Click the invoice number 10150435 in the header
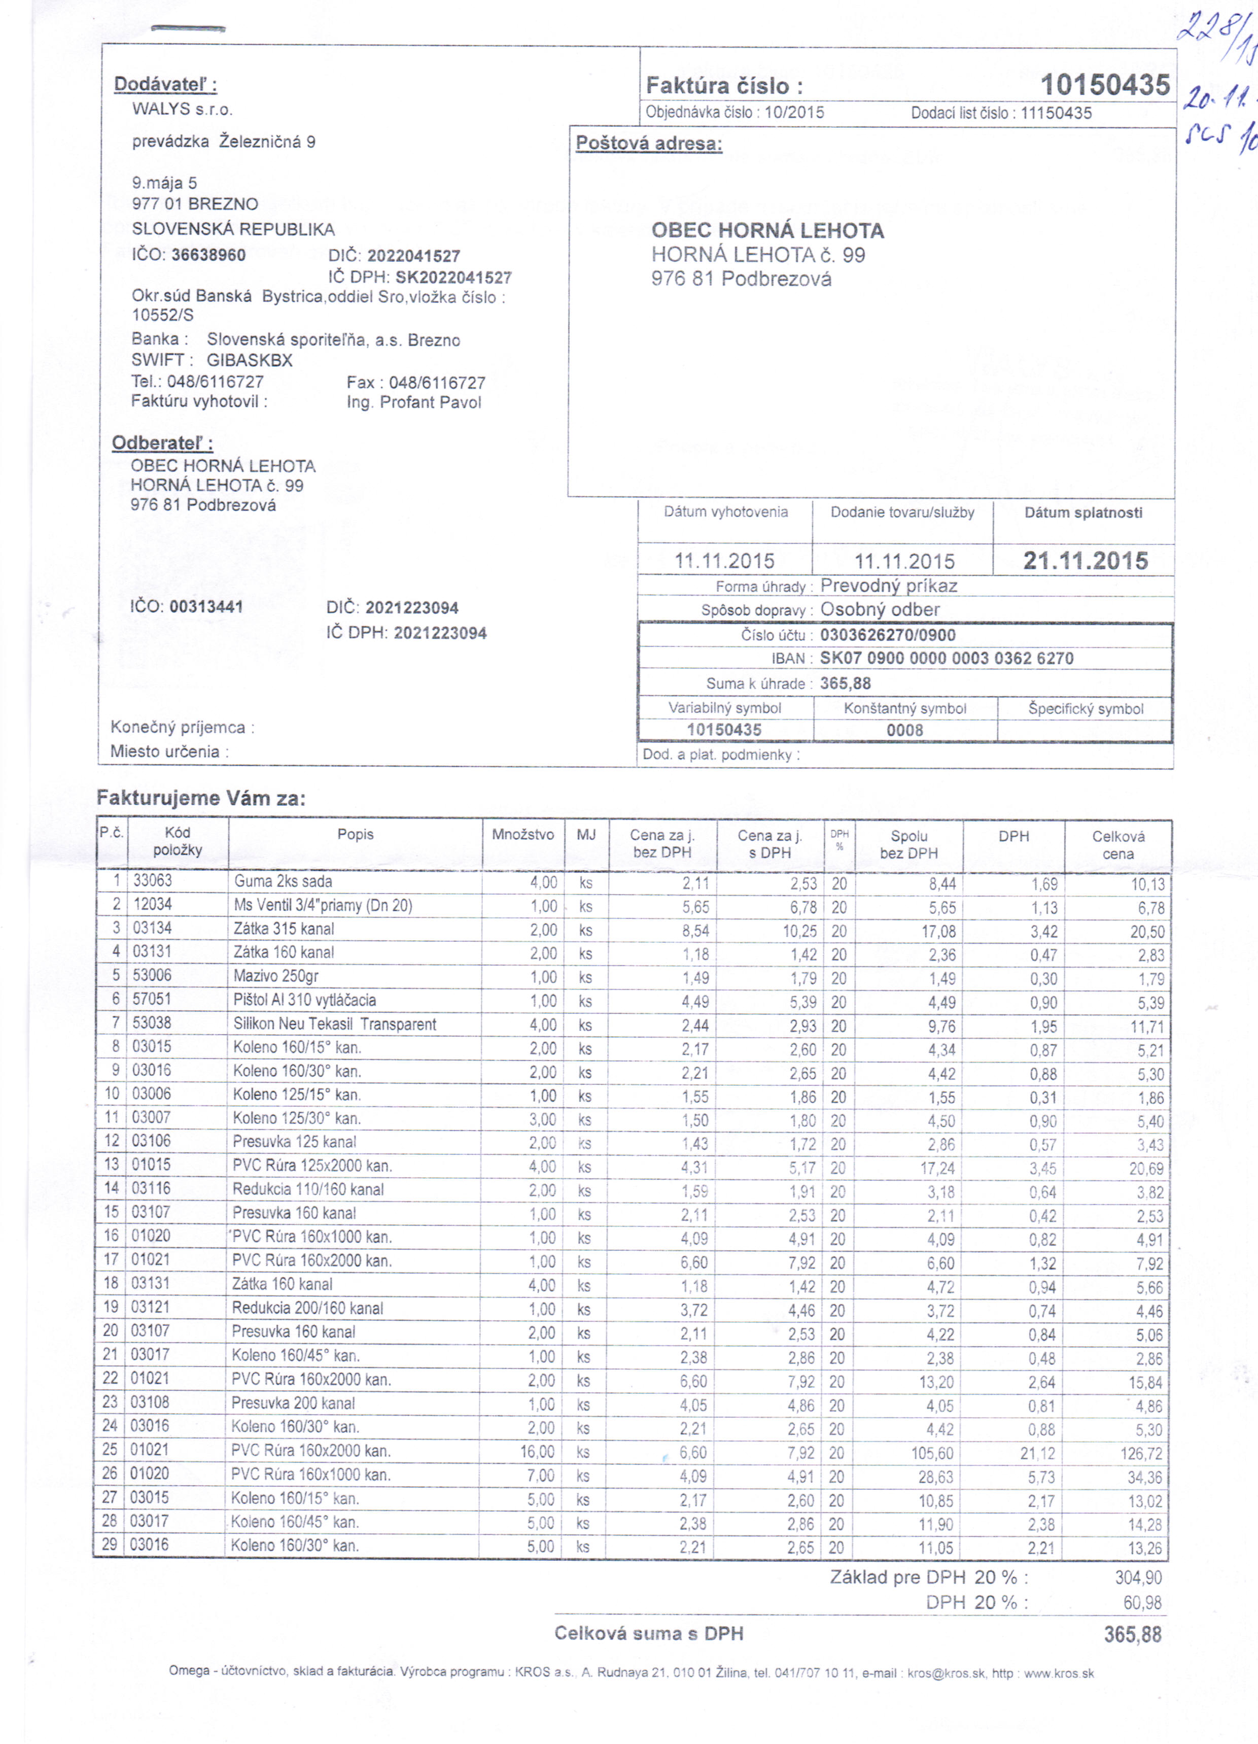tap(1104, 85)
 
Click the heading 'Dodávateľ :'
tap(165, 85)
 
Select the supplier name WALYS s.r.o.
tap(182, 109)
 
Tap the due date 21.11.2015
tap(1085, 561)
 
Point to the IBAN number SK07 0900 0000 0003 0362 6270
tap(947, 658)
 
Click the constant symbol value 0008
tap(904, 730)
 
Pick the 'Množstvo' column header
tap(523, 835)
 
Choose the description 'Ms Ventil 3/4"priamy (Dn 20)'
tap(323, 905)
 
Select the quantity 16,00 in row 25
tap(537, 1452)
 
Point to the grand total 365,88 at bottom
tap(1132, 1634)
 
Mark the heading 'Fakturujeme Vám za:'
tap(201, 798)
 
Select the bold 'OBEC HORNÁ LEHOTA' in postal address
tap(767, 231)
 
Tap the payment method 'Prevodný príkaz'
tap(888, 586)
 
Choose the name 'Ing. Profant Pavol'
tap(414, 402)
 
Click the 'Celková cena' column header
tap(1117, 845)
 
